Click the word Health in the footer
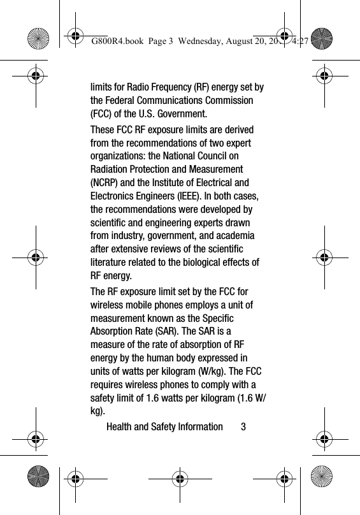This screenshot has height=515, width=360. pyautogui.click(x=120, y=426)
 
